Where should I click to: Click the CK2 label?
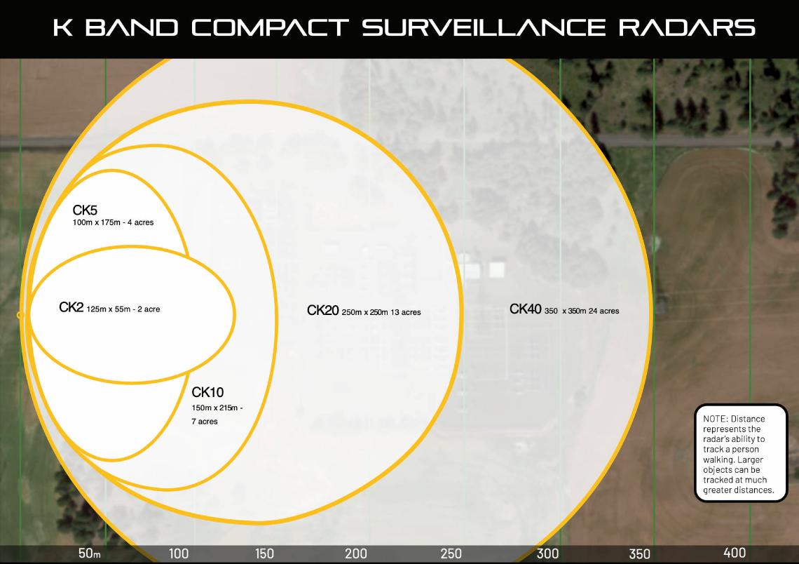coord(71,307)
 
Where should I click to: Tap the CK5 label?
coord(85,210)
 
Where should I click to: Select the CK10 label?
coord(207,392)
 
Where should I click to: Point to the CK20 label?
coord(322,310)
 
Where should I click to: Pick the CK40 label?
coord(526,309)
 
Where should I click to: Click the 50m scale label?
coord(89,553)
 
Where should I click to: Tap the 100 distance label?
coord(178,553)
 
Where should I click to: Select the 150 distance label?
coord(264,553)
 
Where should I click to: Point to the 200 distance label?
coord(355,553)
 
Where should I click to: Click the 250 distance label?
coord(451,553)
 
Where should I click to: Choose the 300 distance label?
coord(548,553)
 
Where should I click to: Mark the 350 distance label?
coord(639,553)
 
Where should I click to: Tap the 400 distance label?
coord(735,552)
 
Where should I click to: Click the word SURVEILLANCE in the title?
coord(484,27)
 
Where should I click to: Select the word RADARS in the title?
coord(687,27)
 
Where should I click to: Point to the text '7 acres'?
coord(205,422)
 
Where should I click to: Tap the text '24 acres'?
coord(604,311)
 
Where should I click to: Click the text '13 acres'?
coord(406,312)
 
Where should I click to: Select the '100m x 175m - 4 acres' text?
coord(113,222)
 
